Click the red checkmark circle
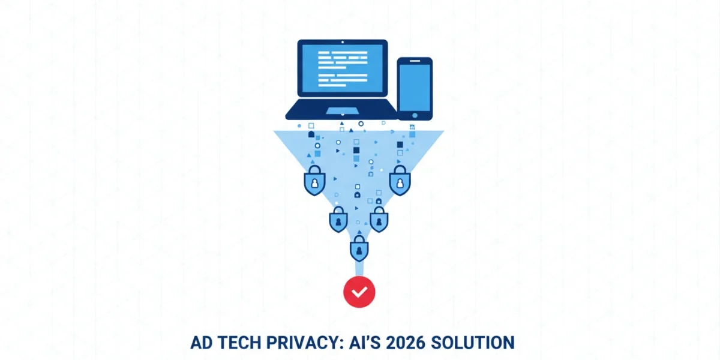pyautogui.click(x=359, y=292)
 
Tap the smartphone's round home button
pyautogui.click(x=415, y=115)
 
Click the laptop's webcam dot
pyautogui.click(x=343, y=42)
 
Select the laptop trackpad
pyautogui.click(x=343, y=111)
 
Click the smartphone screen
pyautogui.click(x=415, y=88)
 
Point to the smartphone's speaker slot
pyautogui.click(x=415, y=61)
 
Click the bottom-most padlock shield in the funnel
pyautogui.click(x=359, y=248)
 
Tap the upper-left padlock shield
pyautogui.click(x=314, y=181)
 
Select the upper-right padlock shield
pyautogui.click(x=400, y=181)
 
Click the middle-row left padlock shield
pyautogui.click(x=338, y=220)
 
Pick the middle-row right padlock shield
pyautogui.click(x=379, y=220)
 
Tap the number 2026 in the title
pyautogui.click(x=406, y=343)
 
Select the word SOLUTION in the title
pyautogui.click(x=473, y=343)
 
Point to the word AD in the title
pyautogui.click(x=201, y=343)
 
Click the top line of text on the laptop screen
pyautogui.click(x=343, y=53)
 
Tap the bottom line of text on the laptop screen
pyautogui.click(x=332, y=85)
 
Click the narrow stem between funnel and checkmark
pyautogui.click(x=359, y=269)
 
